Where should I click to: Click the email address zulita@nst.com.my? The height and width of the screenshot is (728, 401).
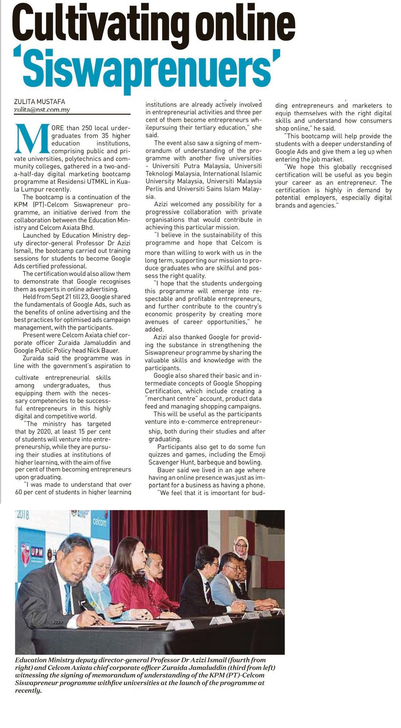tap(42, 110)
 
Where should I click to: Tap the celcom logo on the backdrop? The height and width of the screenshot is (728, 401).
tap(100, 522)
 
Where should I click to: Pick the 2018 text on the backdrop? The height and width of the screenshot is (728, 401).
tap(23, 515)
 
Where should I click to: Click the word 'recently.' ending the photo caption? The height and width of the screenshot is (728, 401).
tap(28, 691)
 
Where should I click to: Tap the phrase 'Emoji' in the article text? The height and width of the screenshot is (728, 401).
tap(257, 454)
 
